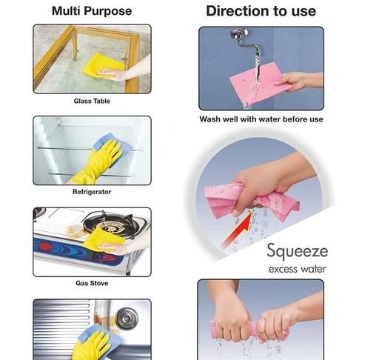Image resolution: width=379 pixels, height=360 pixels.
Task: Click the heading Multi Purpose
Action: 92,11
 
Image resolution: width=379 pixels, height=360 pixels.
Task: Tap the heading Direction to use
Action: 261,11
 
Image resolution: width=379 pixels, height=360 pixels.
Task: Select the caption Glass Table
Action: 92,101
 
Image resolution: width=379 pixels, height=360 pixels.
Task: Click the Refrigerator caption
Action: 92,192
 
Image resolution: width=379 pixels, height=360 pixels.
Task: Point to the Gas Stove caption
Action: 92,283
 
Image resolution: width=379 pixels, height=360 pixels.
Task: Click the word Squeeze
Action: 298,251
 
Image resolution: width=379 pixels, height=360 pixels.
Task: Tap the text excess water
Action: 298,269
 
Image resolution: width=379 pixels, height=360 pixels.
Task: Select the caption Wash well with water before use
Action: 261,119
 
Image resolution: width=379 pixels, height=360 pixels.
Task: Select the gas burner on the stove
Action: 109,224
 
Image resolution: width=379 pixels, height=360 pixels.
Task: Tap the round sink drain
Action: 127,318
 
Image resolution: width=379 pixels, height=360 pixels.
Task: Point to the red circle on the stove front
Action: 45,247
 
